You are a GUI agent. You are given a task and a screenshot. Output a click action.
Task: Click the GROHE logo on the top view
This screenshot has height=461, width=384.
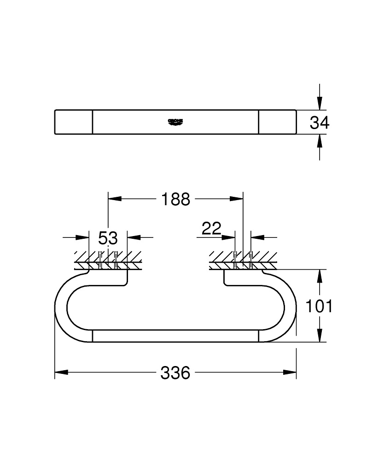pyautogui.click(x=175, y=122)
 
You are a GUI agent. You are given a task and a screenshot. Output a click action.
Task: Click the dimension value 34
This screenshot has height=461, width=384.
pyautogui.click(x=320, y=123)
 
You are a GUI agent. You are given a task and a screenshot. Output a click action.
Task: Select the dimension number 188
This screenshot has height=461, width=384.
pyautogui.click(x=175, y=199)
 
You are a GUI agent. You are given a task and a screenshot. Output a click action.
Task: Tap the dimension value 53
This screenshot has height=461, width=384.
pyautogui.click(x=108, y=238)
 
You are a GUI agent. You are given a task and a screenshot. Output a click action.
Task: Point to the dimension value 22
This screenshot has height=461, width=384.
pyautogui.click(x=211, y=228)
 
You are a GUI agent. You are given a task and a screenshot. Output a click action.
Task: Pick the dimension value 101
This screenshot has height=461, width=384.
pyautogui.click(x=320, y=306)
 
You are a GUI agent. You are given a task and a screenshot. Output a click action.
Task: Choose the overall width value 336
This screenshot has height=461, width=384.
pyautogui.click(x=175, y=372)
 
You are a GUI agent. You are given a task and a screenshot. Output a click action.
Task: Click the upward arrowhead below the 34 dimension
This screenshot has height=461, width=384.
pyautogui.click(x=320, y=140)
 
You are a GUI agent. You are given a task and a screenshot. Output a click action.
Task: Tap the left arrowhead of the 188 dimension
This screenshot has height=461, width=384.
pyautogui.click(x=114, y=199)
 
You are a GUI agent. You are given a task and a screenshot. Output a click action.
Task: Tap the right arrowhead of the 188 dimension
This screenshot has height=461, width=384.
pyautogui.click(x=237, y=199)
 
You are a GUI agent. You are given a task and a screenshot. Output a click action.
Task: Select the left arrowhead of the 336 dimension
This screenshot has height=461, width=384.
pyautogui.click(x=61, y=372)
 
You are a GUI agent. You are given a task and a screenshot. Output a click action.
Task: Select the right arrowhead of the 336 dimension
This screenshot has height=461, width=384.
pyautogui.click(x=290, y=372)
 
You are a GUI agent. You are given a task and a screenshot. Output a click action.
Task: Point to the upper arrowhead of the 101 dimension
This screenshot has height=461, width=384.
pyautogui.click(x=320, y=276)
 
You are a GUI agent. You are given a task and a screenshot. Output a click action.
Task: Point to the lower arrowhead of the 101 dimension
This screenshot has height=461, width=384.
pyautogui.click(x=320, y=336)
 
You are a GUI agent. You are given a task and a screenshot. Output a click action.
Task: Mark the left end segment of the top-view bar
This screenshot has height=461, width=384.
pyautogui.click(x=74, y=122)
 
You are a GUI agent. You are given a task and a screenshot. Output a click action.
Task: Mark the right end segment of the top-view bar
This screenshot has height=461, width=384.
pyautogui.click(x=277, y=122)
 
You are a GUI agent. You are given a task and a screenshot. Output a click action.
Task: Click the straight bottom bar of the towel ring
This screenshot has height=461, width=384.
pyautogui.click(x=175, y=337)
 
